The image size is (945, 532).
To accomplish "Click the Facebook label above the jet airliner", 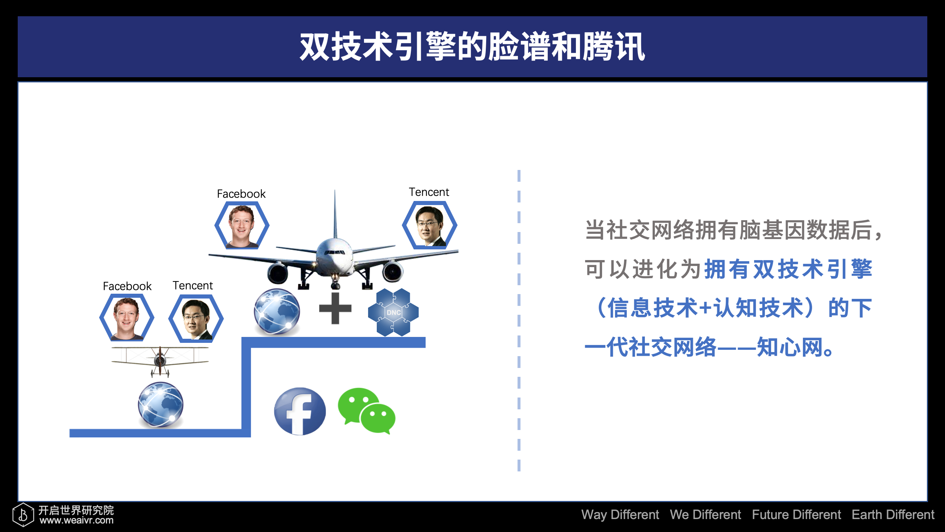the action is [241, 194].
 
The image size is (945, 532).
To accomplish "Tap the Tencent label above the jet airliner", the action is [429, 192].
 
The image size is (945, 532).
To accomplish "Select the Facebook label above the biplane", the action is [127, 286].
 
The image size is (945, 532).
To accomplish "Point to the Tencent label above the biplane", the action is [193, 286].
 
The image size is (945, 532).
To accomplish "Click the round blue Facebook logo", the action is [300, 411].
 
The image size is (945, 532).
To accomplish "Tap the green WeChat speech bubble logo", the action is [367, 410].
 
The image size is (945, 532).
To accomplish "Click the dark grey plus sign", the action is [335, 308].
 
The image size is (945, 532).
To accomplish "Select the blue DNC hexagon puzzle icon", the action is [393, 312].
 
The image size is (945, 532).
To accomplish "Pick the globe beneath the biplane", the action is [161, 405].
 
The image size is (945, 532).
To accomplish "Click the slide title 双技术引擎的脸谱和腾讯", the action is [472, 47].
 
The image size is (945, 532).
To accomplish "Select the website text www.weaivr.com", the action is [77, 520].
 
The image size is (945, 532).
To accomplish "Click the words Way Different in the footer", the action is [620, 514].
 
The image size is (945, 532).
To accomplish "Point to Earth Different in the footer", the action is [893, 514].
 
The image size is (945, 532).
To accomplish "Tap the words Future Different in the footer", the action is [797, 514].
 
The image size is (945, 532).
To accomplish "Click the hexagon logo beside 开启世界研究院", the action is [23, 514].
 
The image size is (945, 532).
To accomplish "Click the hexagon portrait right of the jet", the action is [430, 225].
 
